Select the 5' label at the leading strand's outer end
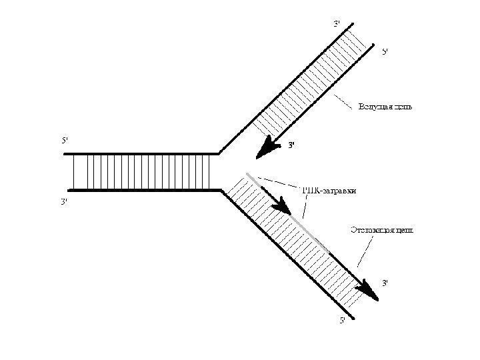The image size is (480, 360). tap(385, 51)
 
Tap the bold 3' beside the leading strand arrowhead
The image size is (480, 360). tap(291, 145)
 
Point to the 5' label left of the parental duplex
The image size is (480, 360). tap(65, 140)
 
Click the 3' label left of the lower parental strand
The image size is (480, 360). tap(65, 201)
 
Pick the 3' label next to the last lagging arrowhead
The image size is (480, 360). tap(385, 283)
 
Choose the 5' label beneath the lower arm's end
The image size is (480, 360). tap(343, 322)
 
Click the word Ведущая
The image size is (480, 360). tap(373, 106)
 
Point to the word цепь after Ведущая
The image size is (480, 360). tap(401, 106)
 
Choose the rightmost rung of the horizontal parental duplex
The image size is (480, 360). tap(211, 172)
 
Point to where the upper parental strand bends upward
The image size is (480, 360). tap(219, 153)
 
